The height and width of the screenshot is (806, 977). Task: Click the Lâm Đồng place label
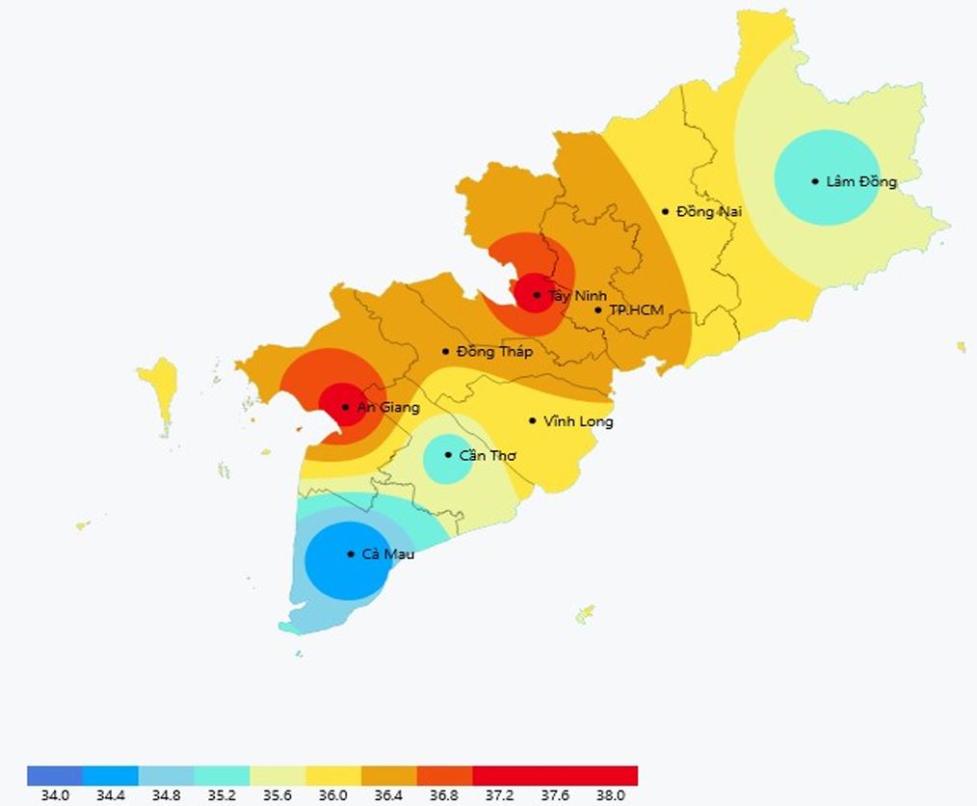coord(861,182)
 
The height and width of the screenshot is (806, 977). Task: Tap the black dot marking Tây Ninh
coord(537,295)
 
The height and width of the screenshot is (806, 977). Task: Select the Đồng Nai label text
coord(708,211)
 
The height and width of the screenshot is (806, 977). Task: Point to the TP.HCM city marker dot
coord(598,309)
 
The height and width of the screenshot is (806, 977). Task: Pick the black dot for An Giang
coord(345,407)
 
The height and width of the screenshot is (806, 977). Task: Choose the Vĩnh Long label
coord(578,421)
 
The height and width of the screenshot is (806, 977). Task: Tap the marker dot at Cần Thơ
coord(448,455)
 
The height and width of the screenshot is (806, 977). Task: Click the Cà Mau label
coord(387,554)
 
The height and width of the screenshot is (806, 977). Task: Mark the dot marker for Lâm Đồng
coord(815,181)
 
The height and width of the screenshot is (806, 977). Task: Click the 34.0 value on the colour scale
coord(55,795)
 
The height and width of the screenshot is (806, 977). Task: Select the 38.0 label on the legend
coord(610,795)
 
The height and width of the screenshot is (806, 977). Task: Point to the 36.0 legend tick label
coord(332,795)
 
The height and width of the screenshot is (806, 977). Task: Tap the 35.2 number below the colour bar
coord(222,795)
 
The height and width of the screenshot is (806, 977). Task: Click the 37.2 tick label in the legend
coord(499,795)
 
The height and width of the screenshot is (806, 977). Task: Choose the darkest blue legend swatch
coord(55,775)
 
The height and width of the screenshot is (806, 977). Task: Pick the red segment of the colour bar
coord(555,775)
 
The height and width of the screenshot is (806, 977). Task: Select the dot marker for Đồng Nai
coord(665,211)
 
